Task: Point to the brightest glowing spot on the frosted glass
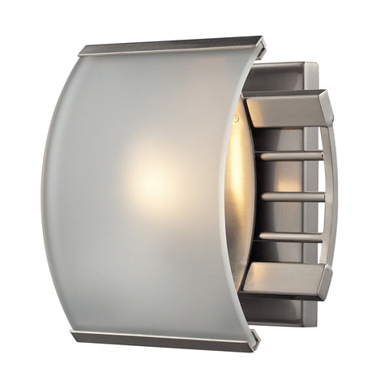(x=149, y=177)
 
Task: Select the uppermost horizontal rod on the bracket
(x=289, y=155)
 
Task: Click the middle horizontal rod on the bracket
(x=292, y=196)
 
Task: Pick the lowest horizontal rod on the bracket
(x=289, y=237)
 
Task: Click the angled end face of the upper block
(x=325, y=108)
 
